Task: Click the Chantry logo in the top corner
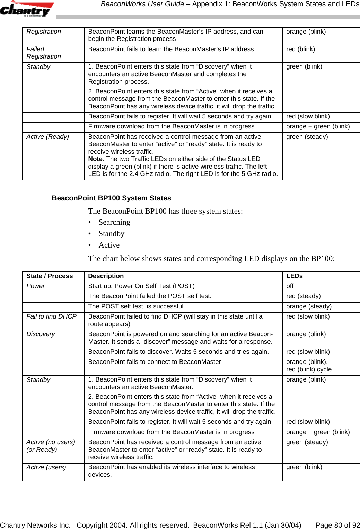(27, 9)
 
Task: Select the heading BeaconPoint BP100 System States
(111, 198)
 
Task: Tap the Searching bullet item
(114, 222)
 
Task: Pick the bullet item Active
(109, 245)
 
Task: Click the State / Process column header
(50, 276)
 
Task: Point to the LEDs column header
(294, 276)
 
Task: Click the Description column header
(106, 276)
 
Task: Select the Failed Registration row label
(43, 53)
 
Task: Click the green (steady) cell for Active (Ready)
(307, 137)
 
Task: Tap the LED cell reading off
(290, 286)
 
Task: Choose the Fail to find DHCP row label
(51, 316)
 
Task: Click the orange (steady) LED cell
(308, 306)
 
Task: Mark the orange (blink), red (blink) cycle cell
(308, 366)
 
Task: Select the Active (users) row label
(46, 467)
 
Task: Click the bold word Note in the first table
(95, 159)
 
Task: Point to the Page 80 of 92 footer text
(337, 525)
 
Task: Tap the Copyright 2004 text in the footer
(133, 525)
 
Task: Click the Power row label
(35, 286)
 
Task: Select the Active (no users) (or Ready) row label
(51, 446)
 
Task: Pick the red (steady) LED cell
(303, 296)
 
